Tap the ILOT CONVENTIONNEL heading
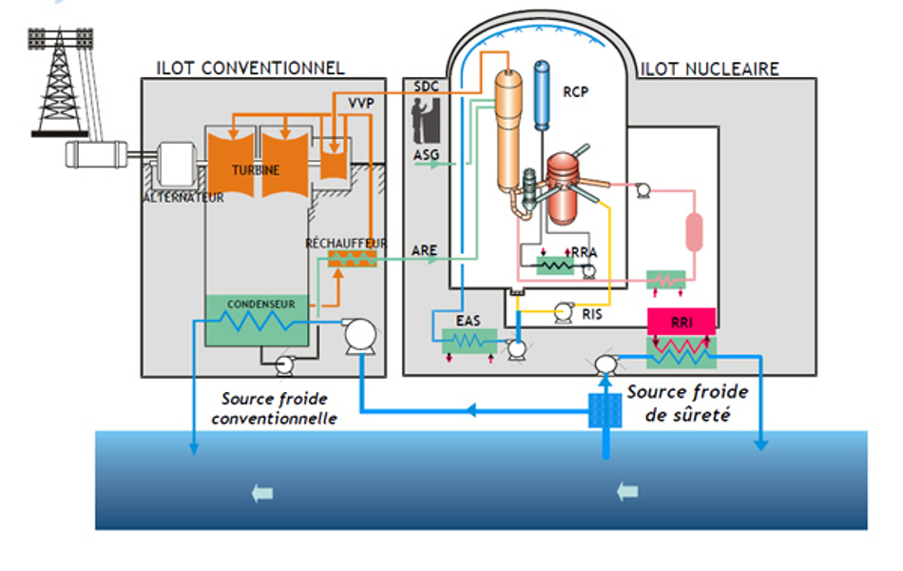pos(250,69)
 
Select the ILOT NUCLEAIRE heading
pos(709,69)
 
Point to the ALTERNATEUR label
pos(183,198)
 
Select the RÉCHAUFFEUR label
pos(345,244)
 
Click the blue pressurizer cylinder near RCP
pos(544,93)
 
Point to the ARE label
pos(424,251)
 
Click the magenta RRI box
pos(681,322)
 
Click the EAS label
pos(468,321)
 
